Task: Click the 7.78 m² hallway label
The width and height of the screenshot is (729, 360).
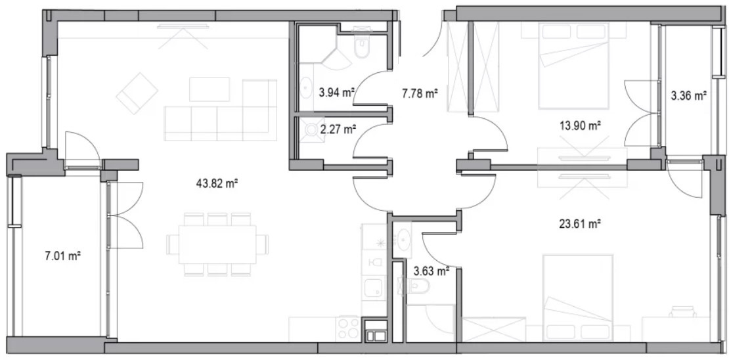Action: (420, 95)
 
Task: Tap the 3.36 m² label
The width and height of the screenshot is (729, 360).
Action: (688, 97)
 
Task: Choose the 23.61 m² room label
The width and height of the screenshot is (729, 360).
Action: (580, 225)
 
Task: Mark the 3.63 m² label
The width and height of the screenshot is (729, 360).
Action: (431, 270)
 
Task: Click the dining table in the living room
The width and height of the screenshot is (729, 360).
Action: (217, 244)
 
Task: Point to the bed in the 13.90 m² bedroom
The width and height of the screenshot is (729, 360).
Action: (574, 66)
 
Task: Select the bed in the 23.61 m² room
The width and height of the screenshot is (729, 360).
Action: (578, 297)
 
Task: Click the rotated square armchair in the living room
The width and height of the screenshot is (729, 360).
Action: (137, 93)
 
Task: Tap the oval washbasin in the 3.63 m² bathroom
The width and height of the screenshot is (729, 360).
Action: (403, 240)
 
